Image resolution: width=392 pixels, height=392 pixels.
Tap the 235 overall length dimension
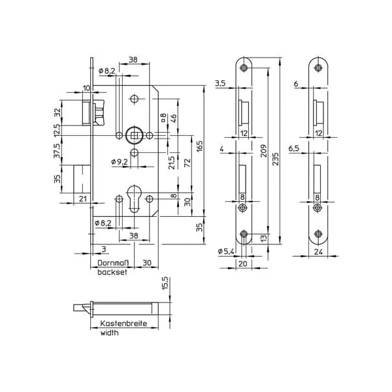[x=275, y=159]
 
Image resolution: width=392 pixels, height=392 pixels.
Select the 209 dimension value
[x=264, y=150]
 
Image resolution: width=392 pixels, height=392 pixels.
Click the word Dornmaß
[x=113, y=263]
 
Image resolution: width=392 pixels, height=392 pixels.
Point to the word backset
[x=112, y=272]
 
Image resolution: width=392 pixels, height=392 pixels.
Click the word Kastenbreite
[x=123, y=323]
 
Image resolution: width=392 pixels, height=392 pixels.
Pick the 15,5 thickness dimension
[x=165, y=283]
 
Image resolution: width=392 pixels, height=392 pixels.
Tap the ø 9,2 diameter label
[x=120, y=162]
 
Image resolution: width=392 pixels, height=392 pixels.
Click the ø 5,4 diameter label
[x=226, y=251]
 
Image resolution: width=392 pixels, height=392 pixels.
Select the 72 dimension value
[x=188, y=163]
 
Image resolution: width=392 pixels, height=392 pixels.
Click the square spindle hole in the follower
[x=134, y=135]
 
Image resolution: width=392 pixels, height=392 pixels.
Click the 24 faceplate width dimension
[x=318, y=252]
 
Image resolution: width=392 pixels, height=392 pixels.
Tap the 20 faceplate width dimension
[x=243, y=263]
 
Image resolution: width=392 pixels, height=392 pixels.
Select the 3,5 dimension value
[x=220, y=83]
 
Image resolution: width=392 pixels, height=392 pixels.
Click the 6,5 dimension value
[x=294, y=148]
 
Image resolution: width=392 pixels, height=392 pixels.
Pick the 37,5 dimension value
[x=57, y=150]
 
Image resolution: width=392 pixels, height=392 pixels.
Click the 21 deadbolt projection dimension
[x=83, y=199]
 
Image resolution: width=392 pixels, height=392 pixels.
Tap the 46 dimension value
[x=173, y=116]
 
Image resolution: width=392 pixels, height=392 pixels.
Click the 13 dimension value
[x=264, y=238]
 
